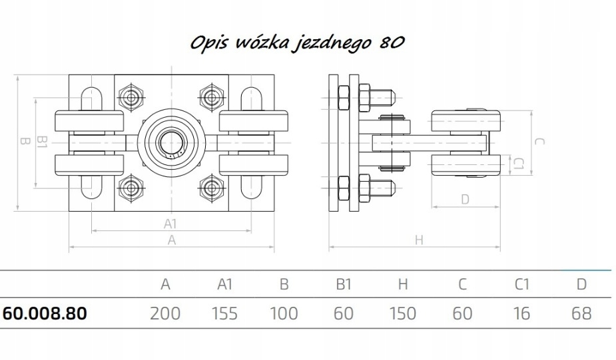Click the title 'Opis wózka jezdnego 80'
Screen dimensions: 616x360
click(298, 42)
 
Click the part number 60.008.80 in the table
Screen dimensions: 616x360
click(45, 313)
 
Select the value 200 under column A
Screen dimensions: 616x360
click(165, 313)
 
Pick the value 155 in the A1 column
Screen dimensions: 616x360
click(224, 313)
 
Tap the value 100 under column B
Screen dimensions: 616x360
click(284, 313)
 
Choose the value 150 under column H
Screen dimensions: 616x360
click(403, 313)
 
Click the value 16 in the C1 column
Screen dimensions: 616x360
click(521, 313)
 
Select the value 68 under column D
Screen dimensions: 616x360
click(581, 313)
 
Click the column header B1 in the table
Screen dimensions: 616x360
click(344, 284)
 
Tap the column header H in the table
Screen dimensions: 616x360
click(403, 284)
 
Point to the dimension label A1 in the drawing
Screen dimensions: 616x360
click(170, 224)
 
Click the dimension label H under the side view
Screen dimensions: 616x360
click(419, 240)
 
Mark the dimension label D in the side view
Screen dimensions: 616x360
click(465, 200)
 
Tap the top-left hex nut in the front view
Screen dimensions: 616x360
click(131, 97)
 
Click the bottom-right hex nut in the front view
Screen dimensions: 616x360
click(212, 188)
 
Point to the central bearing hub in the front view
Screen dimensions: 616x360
click(172, 142)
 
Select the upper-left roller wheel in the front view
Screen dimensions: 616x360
click(89, 121)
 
